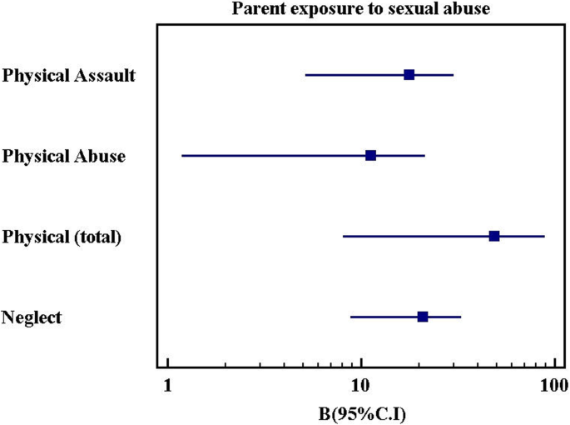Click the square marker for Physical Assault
click(x=409, y=75)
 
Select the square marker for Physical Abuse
click(x=370, y=156)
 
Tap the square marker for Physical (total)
click(x=494, y=237)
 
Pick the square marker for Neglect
click(x=423, y=317)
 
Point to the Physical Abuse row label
click(x=64, y=156)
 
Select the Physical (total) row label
click(x=62, y=237)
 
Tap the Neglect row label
click(x=32, y=317)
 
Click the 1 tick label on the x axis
click(x=168, y=385)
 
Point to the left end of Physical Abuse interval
click(x=182, y=156)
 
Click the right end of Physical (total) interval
click(x=544, y=237)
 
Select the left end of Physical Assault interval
click(x=305, y=75)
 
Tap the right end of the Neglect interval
click(x=460, y=317)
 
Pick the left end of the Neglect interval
click(x=350, y=317)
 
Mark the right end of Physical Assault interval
click(x=453, y=75)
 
